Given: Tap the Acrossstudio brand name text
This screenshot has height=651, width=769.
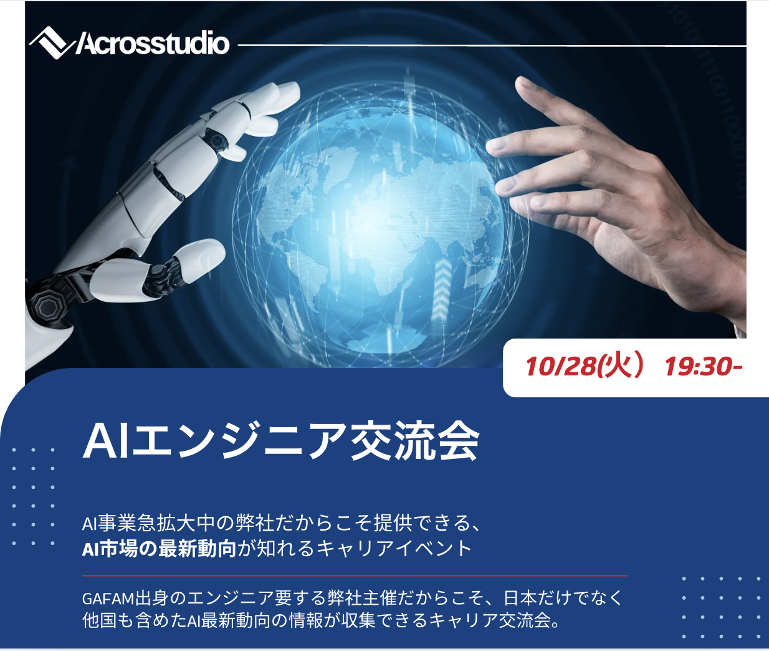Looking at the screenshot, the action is pyautogui.click(x=153, y=44).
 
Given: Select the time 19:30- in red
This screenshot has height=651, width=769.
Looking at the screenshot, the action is pyautogui.click(x=704, y=367).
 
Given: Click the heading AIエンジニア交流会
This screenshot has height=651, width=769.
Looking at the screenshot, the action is pyautogui.click(x=281, y=441).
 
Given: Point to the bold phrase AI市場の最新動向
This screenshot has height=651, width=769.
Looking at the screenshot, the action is pyautogui.click(x=159, y=549).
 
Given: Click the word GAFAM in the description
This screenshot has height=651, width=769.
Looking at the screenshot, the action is pyautogui.click(x=108, y=599).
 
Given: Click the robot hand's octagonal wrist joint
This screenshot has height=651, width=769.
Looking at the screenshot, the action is pyautogui.click(x=47, y=306).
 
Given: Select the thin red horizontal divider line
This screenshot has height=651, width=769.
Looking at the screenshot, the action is pyautogui.click(x=355, y=576).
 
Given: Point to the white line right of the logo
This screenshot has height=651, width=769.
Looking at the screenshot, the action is pyautogui.click(x=492, y=46).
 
